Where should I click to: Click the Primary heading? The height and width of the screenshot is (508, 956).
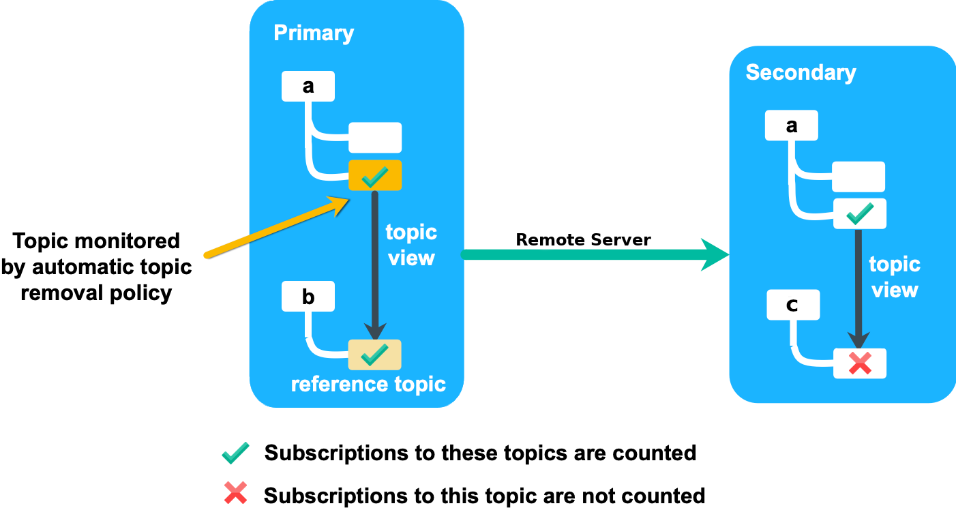pyautogui.click(x=314, y=33)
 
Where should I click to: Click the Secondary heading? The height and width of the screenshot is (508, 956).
pyautogui.click(x=801, y=72)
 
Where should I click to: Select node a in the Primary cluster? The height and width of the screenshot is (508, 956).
pyautogui.click(x=308, y=87)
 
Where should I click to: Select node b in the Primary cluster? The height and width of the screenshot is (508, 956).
pyautogui.click(x=308, y=297)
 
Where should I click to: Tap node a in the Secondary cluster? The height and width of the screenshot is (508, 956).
pyautogui.click(x=791, y=125)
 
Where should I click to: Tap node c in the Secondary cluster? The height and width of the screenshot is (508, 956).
pyautogui.click(x=792, y=305)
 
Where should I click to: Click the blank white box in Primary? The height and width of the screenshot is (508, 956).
pyautogui.click(x=375, y=138)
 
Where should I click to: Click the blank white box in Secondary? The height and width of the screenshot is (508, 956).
pyautogui.click(x=858, y=177)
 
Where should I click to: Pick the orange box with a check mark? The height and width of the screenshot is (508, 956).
pyautogui.click(x=375, y=176)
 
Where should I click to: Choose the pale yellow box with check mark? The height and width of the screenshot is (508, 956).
pyautogui.click(x=374, y=355)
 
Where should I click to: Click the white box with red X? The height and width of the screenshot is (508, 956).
pyautogui.click(x=859, y=363)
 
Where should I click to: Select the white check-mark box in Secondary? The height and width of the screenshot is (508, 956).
pyautogui.click(x=859, y=214)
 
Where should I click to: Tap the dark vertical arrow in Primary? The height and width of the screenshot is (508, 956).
pyautogui.click(x=374, y=266)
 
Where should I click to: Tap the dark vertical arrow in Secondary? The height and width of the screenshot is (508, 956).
pyautogui.click(x=859, y=286)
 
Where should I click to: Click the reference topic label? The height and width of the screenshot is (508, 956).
pyautogui.click(x=368, y=384)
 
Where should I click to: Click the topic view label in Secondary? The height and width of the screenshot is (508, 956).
pyautogui.click(x=894, y=277)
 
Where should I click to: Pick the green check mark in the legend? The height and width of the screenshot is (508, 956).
pyautogui.click(x=235, y=453)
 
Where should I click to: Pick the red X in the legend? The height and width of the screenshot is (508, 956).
pyautogui.click(x=235, y=492)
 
